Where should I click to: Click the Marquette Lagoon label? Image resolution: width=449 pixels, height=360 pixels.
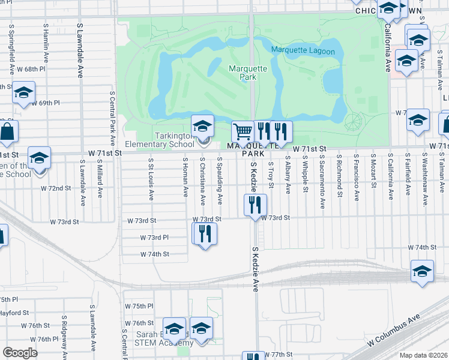[303, 51]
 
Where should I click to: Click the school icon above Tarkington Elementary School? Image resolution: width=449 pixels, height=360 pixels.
[203, 125]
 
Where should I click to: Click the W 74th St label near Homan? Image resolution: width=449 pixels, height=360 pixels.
[154, 254]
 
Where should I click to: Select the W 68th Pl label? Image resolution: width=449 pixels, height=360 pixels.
[31, 70]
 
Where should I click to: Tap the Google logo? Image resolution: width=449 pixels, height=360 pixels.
[20, 353]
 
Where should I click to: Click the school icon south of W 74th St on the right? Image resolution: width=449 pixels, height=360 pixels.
[422, 271]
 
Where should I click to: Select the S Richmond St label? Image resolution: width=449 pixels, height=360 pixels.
[340, 176]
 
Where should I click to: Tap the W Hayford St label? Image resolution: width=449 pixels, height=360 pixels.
[14, 313]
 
